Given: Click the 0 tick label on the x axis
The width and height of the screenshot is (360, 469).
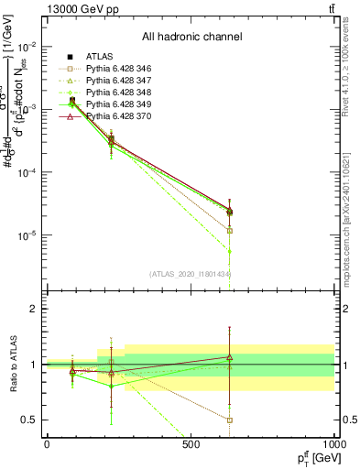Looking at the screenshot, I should pos(46,444).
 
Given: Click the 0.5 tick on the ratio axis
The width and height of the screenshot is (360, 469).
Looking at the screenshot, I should pos(29,420).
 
